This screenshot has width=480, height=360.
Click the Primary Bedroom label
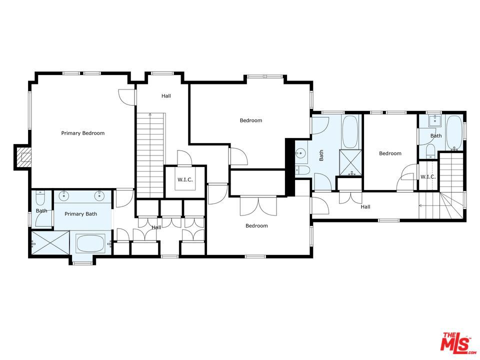coord(82,133)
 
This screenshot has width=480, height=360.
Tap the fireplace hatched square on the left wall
coord(23,157)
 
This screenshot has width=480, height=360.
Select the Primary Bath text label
coord(81,214)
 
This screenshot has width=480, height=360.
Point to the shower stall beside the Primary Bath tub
coord(50,243)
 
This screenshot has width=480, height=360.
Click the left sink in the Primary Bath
coord(64,195)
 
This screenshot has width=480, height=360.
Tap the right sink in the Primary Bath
coord(99,195)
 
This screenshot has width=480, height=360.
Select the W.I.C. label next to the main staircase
coord(185,179)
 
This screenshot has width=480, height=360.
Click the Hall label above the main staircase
coord(166,96)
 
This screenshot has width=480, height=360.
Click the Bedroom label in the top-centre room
coord(251,120)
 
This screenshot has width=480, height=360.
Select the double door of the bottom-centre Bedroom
coord(258,205)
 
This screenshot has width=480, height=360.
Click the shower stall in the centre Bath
coord(350,163)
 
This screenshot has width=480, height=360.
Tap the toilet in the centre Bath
coord(302,170)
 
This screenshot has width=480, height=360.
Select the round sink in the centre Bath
coord(301,152)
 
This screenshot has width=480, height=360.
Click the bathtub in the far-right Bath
coord(454,132)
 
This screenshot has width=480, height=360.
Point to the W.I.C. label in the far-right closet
coord(428,177)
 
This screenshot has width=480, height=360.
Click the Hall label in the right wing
coord(365,207)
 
